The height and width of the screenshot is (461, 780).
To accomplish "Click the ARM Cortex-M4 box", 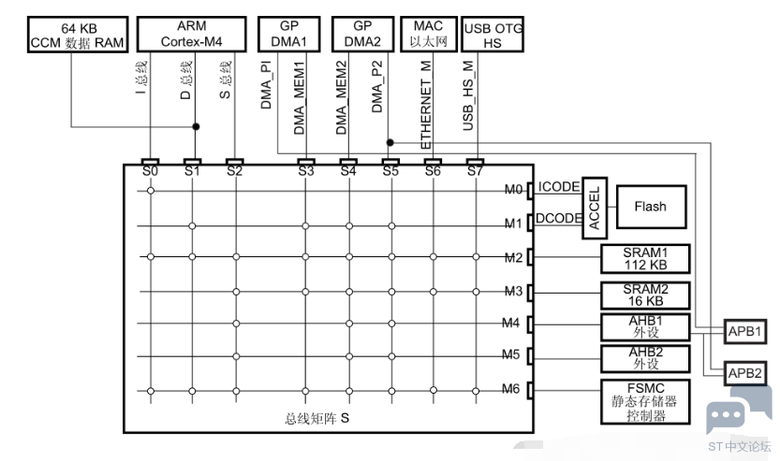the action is coord(192,34).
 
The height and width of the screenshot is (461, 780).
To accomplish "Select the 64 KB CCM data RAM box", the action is coord(78,35).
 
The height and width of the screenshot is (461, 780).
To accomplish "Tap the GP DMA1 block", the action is coord(288,34).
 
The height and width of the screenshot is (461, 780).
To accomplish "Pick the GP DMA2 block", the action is coord(362,34).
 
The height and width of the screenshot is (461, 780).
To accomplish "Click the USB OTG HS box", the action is coord(493,35).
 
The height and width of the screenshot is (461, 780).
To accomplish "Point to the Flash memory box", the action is coord(651,207).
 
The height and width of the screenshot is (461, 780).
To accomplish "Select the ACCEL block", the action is coord(595,208).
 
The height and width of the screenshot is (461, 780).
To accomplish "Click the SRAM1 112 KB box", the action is coord(645,259).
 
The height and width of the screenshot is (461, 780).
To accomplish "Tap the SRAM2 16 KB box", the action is coord(645,295).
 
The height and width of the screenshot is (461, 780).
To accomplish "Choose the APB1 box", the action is coord(744,331).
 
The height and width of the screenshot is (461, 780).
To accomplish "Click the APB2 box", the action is coord(744,373).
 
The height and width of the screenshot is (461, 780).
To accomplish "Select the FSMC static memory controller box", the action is coord(645,402).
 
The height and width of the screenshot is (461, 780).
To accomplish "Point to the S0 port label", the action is coord(150,171).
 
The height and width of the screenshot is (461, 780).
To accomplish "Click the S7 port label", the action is coord(475,171).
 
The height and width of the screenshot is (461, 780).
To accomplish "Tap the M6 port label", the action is coord(511,389).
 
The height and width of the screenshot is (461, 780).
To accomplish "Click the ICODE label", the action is coord(559,187).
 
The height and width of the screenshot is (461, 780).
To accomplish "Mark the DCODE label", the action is coord(559,218).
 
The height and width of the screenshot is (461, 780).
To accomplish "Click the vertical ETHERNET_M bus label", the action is coord(426,105).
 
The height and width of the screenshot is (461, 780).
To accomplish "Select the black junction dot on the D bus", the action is coord(196,126).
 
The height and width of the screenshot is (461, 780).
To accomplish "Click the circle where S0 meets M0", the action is coord(151,191).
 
